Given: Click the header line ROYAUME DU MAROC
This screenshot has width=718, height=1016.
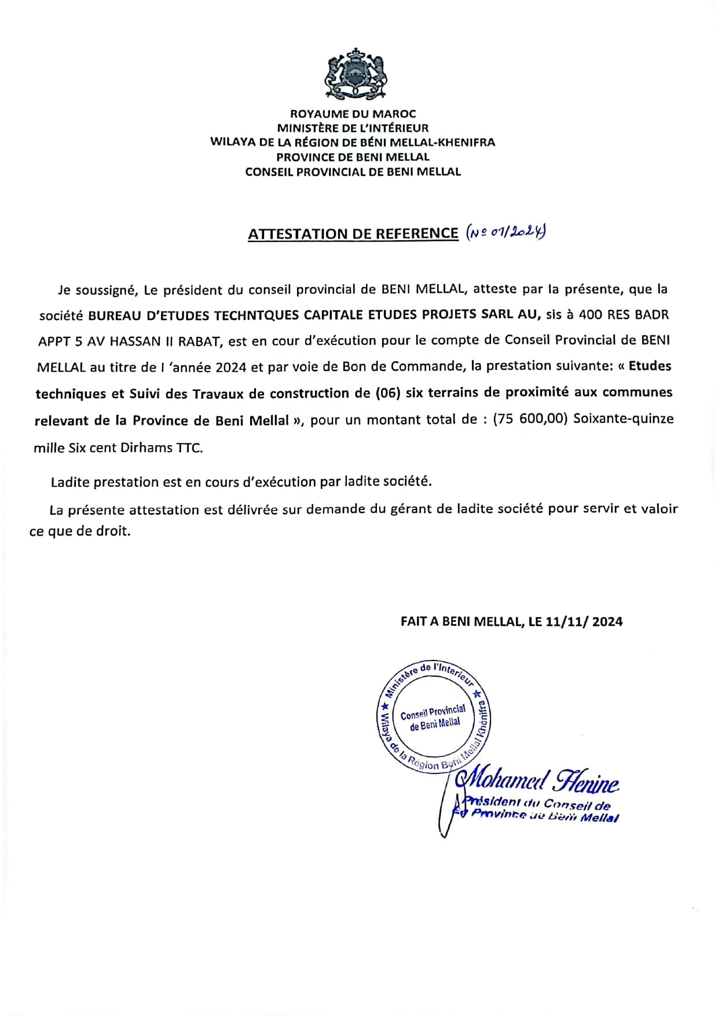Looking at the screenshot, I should click(353, 113).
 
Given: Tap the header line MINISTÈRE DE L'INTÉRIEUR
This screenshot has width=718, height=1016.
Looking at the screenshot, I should click(353, 128).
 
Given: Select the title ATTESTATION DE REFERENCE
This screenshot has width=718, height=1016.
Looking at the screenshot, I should click(353, 233).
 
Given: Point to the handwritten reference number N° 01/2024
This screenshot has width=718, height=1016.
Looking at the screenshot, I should click(506, 232).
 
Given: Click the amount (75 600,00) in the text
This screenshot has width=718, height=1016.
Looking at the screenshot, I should click(530, 419).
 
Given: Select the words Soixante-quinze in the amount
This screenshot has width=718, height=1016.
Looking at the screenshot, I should click(623, 419).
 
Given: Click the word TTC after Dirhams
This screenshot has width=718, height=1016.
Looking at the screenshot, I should click(189, 448).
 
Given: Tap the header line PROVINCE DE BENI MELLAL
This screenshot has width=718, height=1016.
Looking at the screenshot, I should click(353, 157).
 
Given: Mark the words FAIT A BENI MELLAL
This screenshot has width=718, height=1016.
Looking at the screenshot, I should click(461, 622).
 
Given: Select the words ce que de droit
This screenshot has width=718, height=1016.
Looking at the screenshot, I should click(80, 531).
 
